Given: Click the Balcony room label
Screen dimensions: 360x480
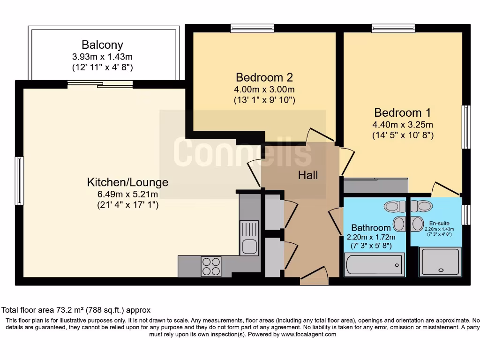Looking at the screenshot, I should point(102,45).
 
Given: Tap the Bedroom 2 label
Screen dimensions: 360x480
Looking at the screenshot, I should point(264,77).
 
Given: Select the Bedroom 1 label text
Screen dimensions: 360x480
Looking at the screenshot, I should point(402,112).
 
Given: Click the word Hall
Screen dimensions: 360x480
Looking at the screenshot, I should point(308,175).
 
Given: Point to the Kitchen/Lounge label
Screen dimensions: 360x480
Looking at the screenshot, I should point(127,182).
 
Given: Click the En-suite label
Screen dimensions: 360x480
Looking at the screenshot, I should point(438,223).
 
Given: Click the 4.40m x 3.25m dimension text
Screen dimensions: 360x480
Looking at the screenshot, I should point(402,125).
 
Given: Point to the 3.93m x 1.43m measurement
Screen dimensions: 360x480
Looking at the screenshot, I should point(102,57).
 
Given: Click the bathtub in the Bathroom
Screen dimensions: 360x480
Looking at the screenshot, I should point(375,265).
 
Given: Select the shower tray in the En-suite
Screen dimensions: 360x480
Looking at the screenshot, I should point(440,262).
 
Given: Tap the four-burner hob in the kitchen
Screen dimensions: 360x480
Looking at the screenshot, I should point(211,266).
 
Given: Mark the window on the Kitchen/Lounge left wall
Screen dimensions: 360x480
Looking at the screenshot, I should point(19,181).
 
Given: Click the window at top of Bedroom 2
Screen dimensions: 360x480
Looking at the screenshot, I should point(252,29).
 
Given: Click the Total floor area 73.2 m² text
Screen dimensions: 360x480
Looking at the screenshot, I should point(76,310).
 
